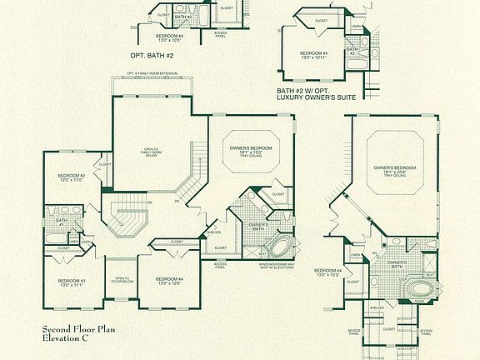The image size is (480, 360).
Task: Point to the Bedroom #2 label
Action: (x=72, y=178)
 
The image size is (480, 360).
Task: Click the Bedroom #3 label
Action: (x=72, y=282)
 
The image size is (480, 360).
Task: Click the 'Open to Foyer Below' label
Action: (x=121, y=280)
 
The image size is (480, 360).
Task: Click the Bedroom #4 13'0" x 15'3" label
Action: (x=327, y=272)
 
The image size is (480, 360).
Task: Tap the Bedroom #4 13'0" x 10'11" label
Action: (x=314, y=56)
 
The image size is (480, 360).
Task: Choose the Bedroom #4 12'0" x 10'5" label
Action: (x=171, y=38)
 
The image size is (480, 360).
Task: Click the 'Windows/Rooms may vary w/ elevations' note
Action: (x=269, y=266)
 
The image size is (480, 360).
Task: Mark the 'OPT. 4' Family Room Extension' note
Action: (x=152, y=74)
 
